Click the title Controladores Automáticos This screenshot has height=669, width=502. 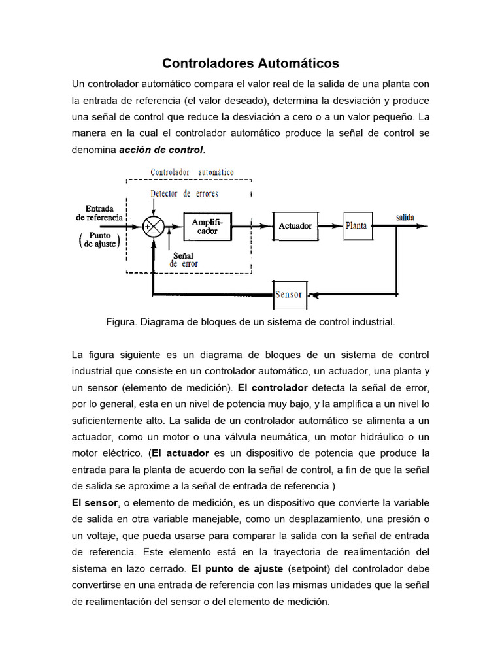[x=250, y=63]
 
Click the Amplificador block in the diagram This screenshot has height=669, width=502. [x=207, y=227]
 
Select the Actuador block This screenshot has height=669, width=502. [x=295, y=226]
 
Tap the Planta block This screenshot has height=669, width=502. [x=356, y=226]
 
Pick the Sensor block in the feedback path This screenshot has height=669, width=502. [x=289, y=294]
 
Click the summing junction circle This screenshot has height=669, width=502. [x=153, y=227]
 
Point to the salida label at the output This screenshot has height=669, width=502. [x=405, y=217]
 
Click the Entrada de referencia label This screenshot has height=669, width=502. [x=98, y=213]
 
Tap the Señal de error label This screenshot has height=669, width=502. [x=184, y=259]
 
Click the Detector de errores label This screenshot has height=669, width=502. [x=184, y=194]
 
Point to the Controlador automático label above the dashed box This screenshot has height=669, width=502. [x=192, y=172]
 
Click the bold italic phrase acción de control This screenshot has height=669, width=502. [x=161, y=150]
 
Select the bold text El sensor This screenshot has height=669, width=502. [x=95, y=502]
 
